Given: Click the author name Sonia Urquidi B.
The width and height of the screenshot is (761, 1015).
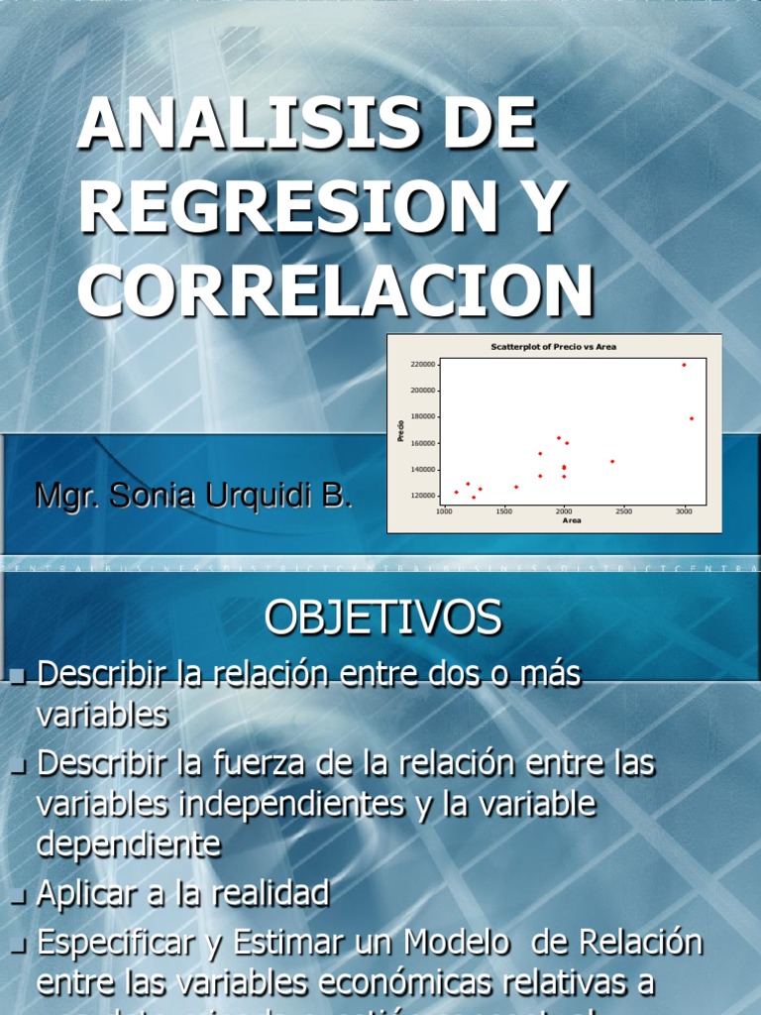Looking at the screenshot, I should point(232,496).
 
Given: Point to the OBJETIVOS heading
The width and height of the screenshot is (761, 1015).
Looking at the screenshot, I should point(382,619).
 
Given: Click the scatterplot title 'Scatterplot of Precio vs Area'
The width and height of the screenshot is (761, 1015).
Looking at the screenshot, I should point(554,347).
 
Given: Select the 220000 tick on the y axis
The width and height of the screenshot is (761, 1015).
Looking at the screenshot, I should point(422,365).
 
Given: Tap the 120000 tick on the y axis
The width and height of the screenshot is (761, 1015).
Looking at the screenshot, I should point(422,495).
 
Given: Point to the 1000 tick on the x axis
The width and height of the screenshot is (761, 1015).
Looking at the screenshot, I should point(444,511).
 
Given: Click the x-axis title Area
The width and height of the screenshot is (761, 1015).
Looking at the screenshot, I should point(572,520).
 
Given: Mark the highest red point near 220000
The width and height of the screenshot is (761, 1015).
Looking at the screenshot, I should point(684,365).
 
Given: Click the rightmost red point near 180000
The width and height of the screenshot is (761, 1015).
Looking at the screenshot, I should point(692,418).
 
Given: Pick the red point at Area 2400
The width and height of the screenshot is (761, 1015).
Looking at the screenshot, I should point(612,461).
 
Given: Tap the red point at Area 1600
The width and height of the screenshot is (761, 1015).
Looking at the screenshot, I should point(516,487).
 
